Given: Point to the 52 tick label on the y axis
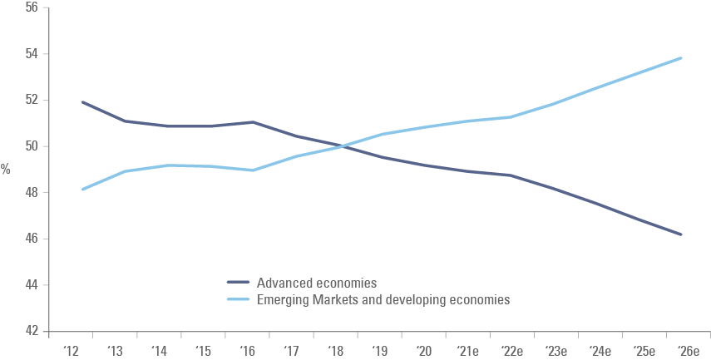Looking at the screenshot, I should (31, 101).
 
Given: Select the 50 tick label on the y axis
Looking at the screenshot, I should (31, 147).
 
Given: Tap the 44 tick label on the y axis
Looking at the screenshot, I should (31, 285).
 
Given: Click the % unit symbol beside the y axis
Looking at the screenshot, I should (6, 170).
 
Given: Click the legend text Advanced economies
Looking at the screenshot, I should (317, 284).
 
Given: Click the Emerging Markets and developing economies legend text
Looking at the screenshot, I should (383, 299).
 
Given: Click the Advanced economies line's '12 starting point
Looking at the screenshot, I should (82, 102).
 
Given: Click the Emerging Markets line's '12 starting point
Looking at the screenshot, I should (82, 190).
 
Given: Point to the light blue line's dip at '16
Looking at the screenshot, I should (253, 170).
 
